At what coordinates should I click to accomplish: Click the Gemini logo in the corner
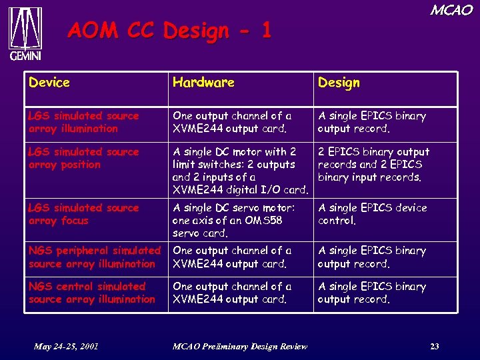point(25,34)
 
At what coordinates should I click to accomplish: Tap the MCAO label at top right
point(451,11)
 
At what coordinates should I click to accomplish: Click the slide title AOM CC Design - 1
point(169,31)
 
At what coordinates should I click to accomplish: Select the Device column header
point(49,83)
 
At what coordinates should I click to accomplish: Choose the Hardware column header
point(203,83)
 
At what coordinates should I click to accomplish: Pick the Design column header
point(339,83)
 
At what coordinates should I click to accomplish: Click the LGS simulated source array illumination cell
point(84,122)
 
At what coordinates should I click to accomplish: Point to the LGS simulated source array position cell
point(84,158)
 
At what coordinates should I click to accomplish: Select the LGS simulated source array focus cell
point(84,214)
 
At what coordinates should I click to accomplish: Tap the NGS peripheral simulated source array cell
point(94,257)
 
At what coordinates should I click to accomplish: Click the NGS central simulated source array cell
point(91,293)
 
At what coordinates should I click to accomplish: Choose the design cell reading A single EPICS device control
point(372,214)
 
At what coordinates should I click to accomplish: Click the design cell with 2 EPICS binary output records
point(373,165)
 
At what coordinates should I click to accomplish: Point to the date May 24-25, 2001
point(67,346)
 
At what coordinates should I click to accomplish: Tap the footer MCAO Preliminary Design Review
point(239,346)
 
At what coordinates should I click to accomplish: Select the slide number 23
point(434,346)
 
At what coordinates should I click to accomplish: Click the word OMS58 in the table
point(271,221)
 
